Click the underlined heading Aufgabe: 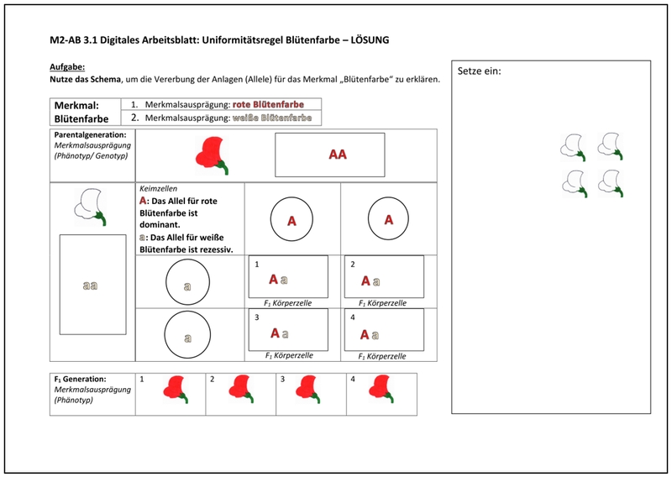pyautogui.click(x=67, y=67)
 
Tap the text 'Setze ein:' pyautogui.click(x=479, y=71)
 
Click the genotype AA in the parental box pyautogui.click(x=338, y=155)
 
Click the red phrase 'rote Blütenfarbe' pyautogui.click(x=268, y=104)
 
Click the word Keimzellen pyautogui.click(x=158, y=190)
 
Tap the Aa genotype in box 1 pyautogui.click(x=278, y=280)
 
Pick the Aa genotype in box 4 pyautogui.click(x=370, y=334)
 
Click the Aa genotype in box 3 pyautogui.click(x=278, y=333)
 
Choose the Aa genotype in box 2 pyautogui.click(x=370, y=280)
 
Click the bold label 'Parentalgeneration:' pyautogui.click(x=91, y=134)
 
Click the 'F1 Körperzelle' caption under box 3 pyautogui.click(x=289, y=355)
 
